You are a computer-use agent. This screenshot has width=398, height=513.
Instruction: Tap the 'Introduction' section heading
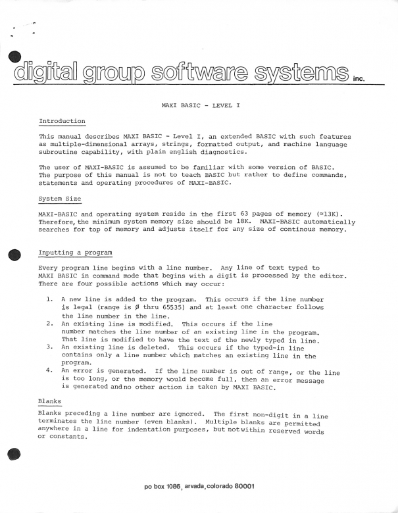(x=62, y=121)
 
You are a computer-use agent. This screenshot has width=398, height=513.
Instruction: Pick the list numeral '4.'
(x=50, y=372)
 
